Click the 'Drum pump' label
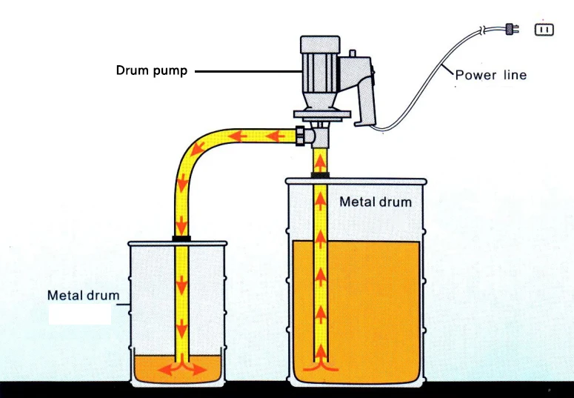(151, 71)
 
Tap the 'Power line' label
(490, 75)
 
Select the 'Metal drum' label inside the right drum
(375, 202)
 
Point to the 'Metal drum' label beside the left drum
(83, 295)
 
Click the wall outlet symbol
(544, 30)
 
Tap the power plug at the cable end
(510, 30)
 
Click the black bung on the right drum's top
(320, 176)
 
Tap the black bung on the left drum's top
(181, 238)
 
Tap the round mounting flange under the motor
(319, 113)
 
